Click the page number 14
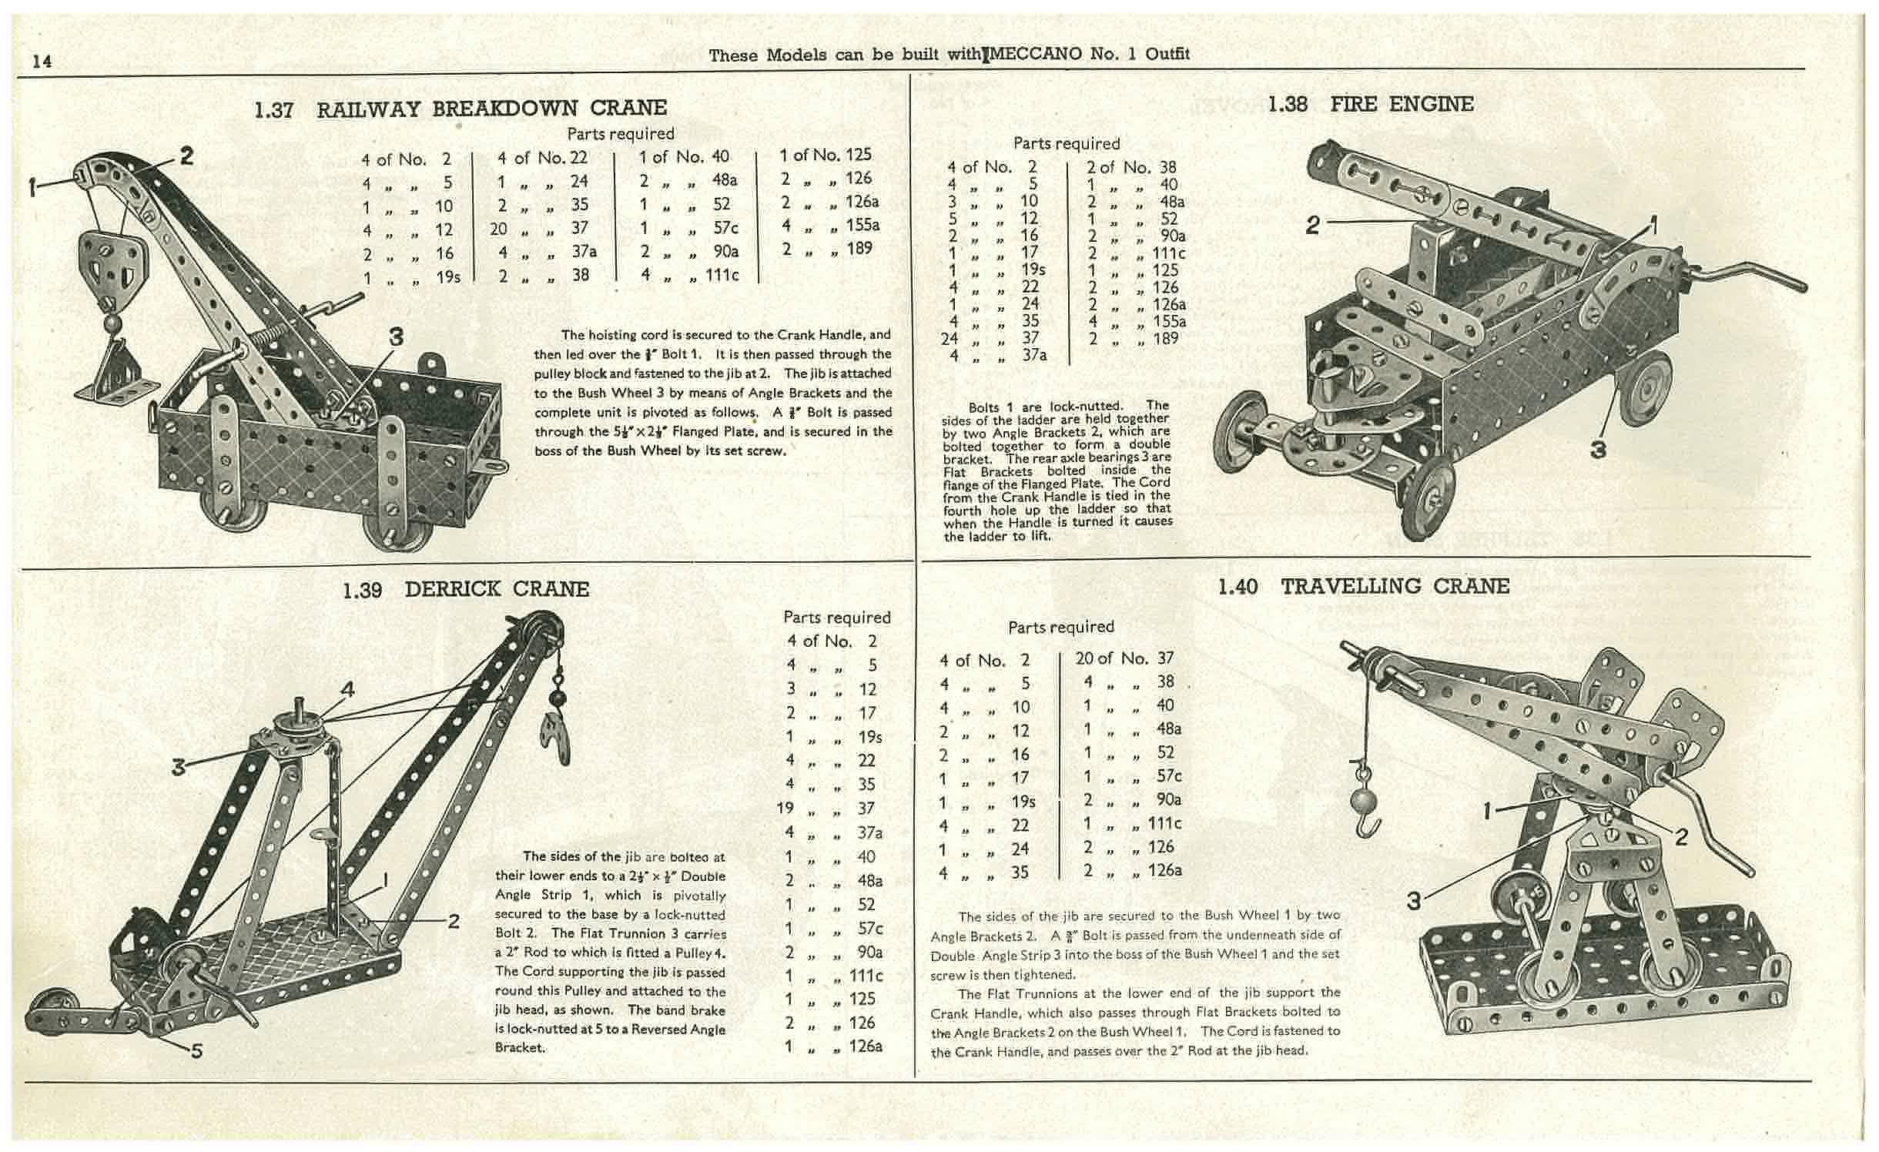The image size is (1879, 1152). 42,61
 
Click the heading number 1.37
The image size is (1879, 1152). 273,109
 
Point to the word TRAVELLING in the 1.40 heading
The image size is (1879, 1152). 1351,586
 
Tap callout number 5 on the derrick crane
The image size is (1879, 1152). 196,1050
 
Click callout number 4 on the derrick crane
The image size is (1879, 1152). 348,689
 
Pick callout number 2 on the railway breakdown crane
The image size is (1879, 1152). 186,156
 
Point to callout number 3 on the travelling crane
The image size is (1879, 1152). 1413,900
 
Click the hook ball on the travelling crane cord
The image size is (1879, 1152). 1362,803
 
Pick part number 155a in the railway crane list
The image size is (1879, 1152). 862,225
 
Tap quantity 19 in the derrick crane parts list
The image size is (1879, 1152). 785,809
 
